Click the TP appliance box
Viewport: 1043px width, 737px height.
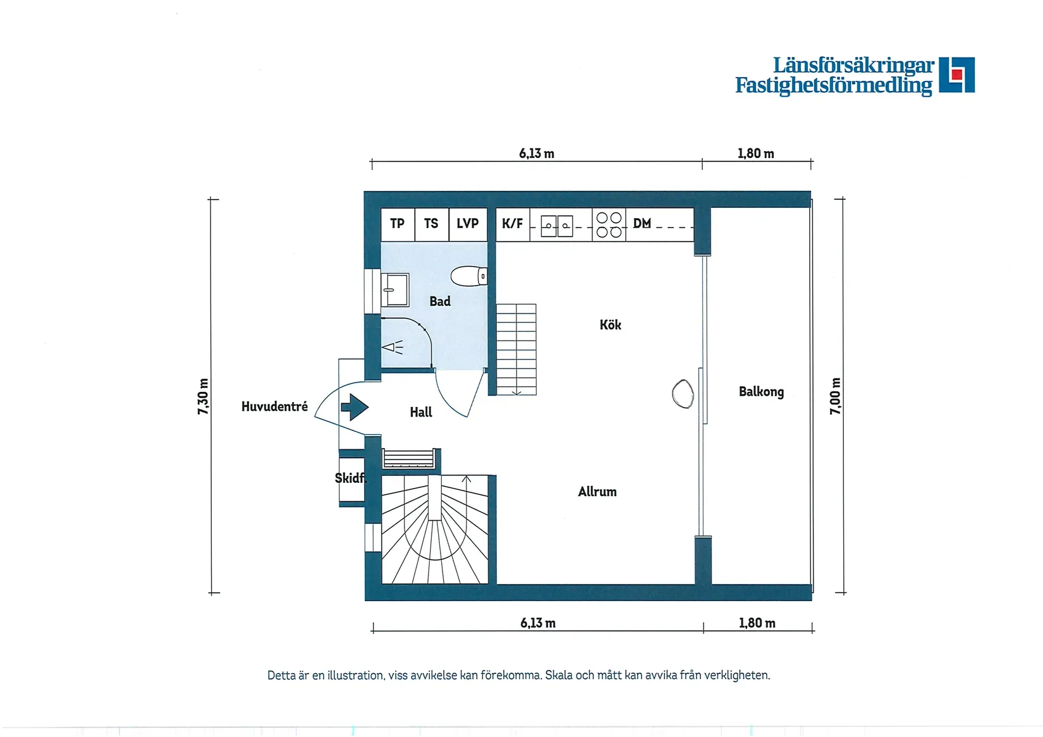398,224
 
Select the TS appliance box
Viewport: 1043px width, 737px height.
431,224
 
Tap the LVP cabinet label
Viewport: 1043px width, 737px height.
468,224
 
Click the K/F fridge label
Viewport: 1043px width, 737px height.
512,224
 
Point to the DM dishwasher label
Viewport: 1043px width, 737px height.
642,224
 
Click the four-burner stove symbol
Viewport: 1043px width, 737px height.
609,225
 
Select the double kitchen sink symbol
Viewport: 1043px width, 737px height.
557,226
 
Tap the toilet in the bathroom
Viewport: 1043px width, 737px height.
468,276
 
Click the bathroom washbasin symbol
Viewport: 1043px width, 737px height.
396,289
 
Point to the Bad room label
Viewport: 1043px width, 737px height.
440,301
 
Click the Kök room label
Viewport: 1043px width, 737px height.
610,325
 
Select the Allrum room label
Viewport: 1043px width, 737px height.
597,492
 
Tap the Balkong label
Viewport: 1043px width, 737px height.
761,392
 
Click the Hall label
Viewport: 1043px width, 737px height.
420,413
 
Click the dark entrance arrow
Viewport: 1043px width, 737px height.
355,407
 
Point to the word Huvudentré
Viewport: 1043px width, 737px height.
274,406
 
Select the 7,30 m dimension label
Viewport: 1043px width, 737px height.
203,396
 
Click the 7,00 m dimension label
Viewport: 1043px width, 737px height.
835,396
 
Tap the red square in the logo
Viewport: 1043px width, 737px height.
956,75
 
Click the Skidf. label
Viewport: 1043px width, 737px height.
350,478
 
